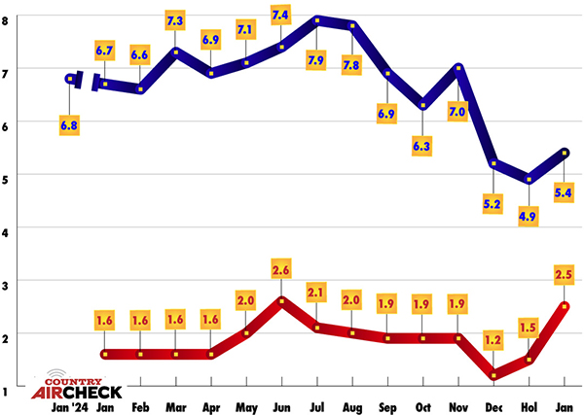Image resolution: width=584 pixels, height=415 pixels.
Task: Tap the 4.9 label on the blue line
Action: pyautogui.click(x=529, y=216)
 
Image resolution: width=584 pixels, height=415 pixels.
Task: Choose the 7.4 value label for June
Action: pyautogui.click(x=281, y=15)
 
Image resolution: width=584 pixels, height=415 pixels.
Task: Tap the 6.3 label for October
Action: pyautogui.click(x=422, y=147)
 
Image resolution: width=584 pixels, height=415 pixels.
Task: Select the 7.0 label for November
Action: pyautogui.click(x=457, y=112)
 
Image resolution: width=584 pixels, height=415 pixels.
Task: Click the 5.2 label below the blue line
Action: pyautogui.click(x=493, y=204)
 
